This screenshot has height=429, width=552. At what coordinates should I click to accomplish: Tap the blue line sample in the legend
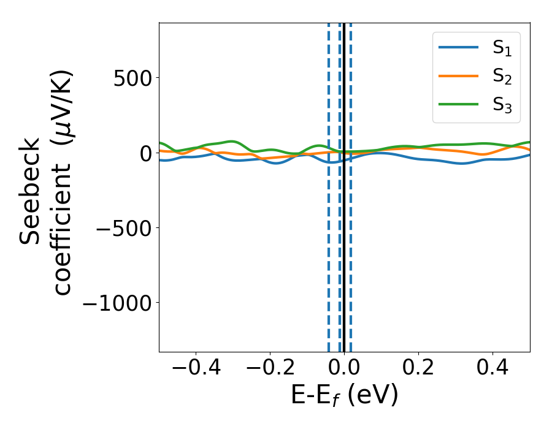pos(458,48)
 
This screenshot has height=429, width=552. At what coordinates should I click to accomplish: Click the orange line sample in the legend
pos(458,75)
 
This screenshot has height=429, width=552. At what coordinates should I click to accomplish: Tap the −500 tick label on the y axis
pos(121,228)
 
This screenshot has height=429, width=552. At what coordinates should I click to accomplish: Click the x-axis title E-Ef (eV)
pos(344,395)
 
